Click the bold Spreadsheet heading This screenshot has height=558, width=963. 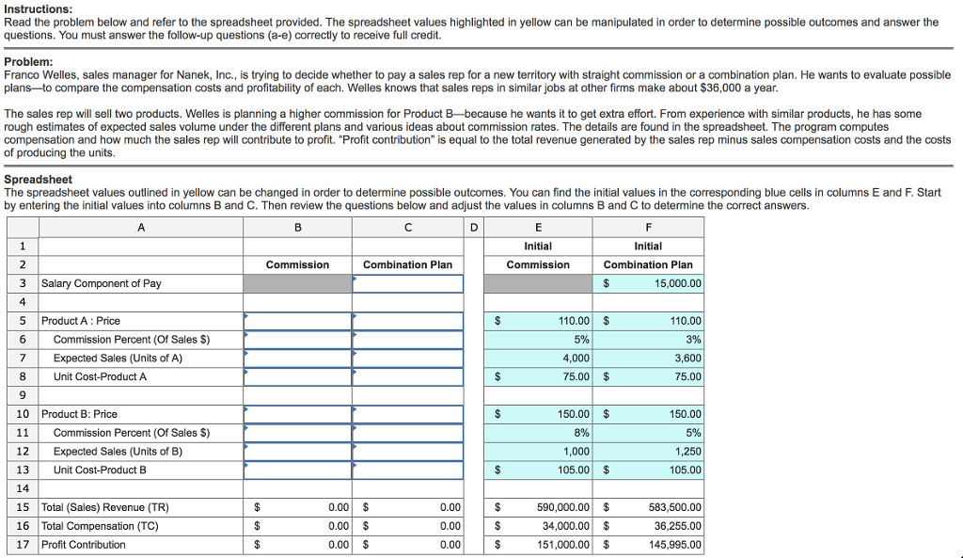[38, 179]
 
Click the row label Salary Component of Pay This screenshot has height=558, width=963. [101, 283]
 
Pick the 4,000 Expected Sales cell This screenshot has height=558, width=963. [576, 358]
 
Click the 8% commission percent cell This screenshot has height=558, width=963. [581, 433]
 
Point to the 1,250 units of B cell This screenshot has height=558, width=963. [687, 451]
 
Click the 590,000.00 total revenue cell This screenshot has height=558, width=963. [562, 507]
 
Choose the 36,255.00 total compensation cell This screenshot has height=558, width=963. [675, 526]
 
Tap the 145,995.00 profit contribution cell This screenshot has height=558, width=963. [673, 544]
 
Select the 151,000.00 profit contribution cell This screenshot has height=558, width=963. [562, 544]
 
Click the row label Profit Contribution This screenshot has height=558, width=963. [83, 544]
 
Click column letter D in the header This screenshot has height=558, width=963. [474, 227]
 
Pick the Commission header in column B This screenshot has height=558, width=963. [297, 264]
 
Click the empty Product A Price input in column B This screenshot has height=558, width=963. [297, 321]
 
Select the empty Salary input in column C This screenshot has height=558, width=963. [407, 283]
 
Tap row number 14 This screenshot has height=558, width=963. [23, 488]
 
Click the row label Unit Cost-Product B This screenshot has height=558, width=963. [100, 470]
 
